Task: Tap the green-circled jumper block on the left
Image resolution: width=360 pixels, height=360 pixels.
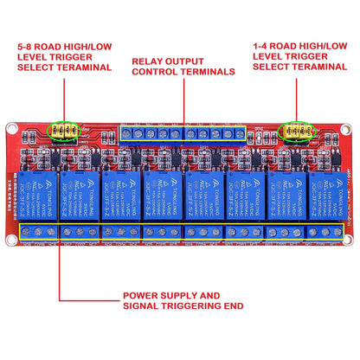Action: pos(64,132)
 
